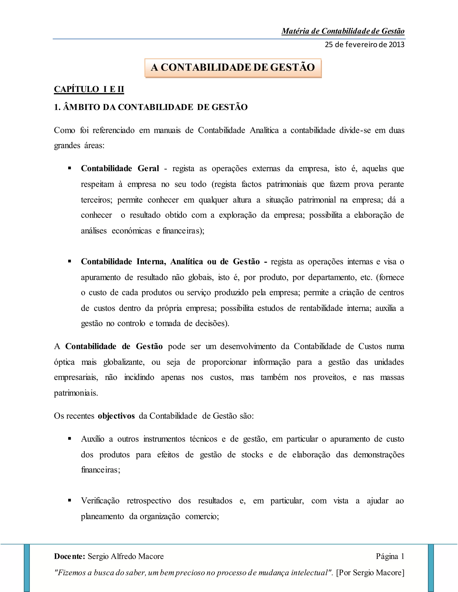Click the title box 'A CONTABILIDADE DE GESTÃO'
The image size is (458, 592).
click(233, 67)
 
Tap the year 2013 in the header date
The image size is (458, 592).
click(397, 44)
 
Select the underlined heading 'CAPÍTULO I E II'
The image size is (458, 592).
click(89, 89)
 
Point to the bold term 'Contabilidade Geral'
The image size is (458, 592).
click(120, 169)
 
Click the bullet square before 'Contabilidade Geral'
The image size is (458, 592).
click(70, 168)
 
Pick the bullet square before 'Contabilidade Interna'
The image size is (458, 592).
click(70, 261)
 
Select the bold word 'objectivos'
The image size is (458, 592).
click(116, 416)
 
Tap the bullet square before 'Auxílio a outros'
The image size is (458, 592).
click(70, 439)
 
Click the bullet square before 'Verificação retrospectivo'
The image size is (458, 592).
click(70, 500)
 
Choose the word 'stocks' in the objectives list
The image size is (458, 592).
click(252, 455)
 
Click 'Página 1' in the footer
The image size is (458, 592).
click(390, 556)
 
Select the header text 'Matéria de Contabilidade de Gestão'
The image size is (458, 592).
click(343, 31)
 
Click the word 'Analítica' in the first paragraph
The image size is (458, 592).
click(264, 130)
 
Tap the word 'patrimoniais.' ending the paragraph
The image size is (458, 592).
click(76, 393)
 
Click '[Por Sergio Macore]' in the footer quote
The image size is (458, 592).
click(370, 573)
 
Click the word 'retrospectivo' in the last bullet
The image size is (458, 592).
click(149, 501)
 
